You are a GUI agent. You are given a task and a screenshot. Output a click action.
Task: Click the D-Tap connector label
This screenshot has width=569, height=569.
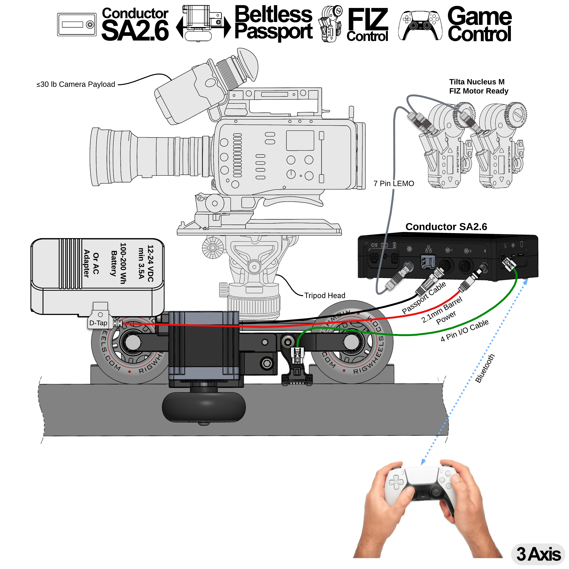click(98, 323)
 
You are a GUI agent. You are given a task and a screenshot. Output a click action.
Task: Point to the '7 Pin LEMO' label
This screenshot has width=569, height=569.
click(394, 183)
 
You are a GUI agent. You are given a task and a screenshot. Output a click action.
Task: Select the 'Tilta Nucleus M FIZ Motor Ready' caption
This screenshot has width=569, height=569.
click(478, 86)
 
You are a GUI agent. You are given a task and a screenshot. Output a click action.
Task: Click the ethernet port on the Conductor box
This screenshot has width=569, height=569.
click(428, 262)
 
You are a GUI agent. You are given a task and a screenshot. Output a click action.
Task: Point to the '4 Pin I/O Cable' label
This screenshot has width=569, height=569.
click(464, 330)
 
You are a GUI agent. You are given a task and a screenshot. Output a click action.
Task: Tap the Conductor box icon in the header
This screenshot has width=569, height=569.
click(77, 24)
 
